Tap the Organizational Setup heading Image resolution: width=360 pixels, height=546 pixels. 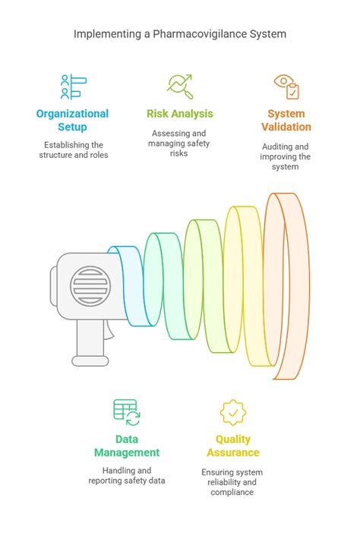[x=72, y=120]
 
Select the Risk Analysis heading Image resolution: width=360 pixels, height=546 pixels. [x=180, y=114]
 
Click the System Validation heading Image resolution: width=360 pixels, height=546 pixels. [x=286, y=120]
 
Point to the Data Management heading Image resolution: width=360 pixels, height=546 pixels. [x=127, y=446]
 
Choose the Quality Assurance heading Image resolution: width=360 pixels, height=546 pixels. [x=233, y=446]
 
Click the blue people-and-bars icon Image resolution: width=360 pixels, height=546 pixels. [x=74, y=87]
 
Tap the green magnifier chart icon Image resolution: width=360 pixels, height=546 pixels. [x=180, y=87]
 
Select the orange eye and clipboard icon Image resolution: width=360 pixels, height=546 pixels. [x=286, y=87]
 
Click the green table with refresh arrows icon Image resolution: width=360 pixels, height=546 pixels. [x=127, y=412]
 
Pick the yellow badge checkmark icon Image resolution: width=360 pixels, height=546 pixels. [x=233, y=412]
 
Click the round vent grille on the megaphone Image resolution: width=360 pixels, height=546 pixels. [x=90, y=286]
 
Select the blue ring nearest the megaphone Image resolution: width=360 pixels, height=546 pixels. [x=134, y=286]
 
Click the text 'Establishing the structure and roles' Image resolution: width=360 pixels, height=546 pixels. [x=74, y=150]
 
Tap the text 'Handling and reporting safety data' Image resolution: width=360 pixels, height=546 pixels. [x=127, y=475]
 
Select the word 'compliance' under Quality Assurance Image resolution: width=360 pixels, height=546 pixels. [x=232, y=492]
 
